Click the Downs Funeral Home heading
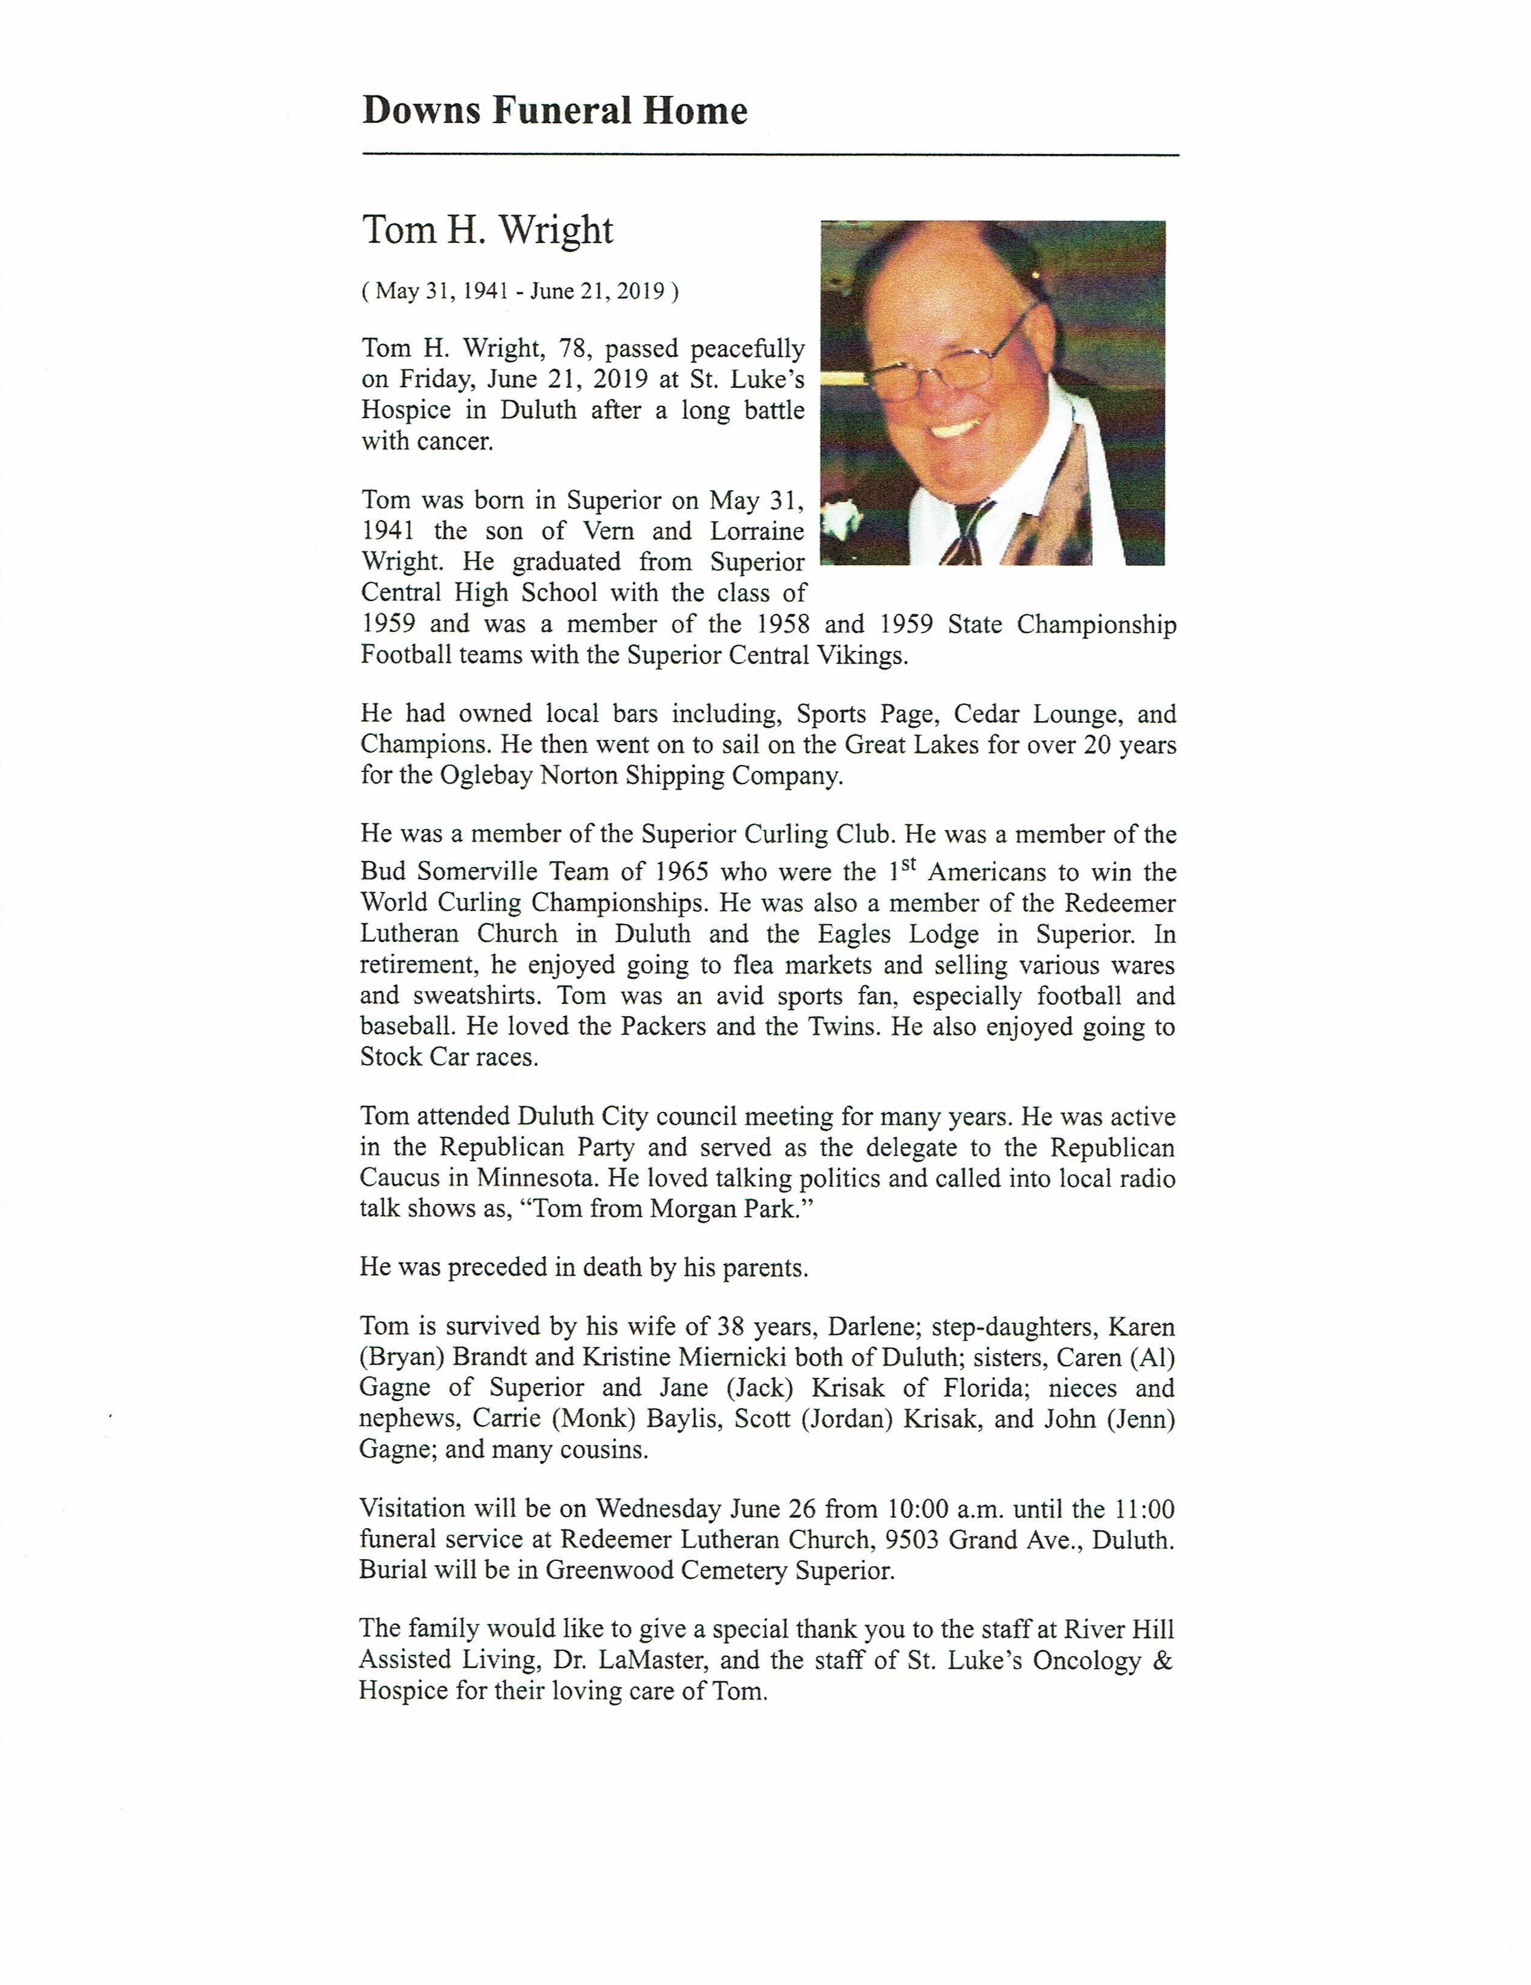(x=555, y=111)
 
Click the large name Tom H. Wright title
(x=489, y=230)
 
